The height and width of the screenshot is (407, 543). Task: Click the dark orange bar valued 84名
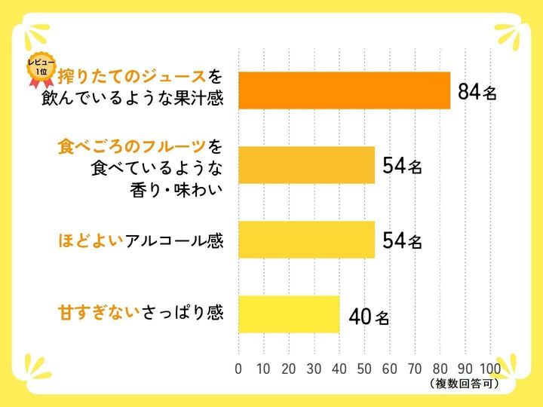click(x=344, y=90)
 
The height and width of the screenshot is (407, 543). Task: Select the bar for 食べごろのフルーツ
click(x=306, y=165)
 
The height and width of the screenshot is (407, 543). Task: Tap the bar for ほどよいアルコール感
click(x=306, y=240)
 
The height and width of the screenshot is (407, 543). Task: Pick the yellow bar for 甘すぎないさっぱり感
click(x=289, y=314)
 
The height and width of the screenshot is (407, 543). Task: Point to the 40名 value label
click(x=369, y=317)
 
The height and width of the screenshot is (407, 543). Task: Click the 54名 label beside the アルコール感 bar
click(x=402, y=241)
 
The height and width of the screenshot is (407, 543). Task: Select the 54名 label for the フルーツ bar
click(x=402, y=167)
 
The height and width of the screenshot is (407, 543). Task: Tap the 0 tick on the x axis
click(x=238, y=369)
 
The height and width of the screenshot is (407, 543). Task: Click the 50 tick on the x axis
click(x=365, y=369)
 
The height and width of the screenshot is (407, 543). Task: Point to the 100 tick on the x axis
click(x=490, y=369)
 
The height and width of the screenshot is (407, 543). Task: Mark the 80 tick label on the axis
click(x=440, y=369)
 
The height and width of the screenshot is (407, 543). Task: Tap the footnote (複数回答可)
click(x=468, y=384)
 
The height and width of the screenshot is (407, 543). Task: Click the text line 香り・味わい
click(x=178, y=189)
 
